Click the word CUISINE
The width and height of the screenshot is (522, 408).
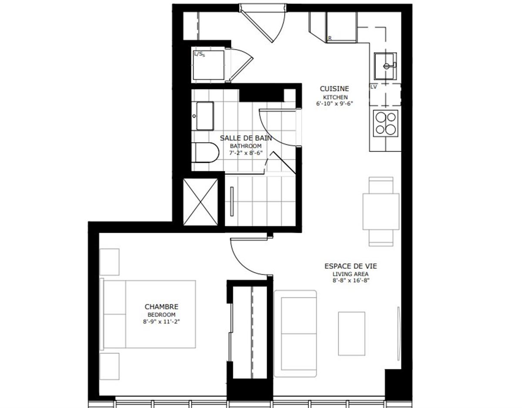tap(334, 89)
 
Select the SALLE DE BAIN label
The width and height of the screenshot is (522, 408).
tap(246, 138)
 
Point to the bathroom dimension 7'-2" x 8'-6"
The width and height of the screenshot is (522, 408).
tap(246, 153)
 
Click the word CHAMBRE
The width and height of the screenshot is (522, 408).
tap(161, 307)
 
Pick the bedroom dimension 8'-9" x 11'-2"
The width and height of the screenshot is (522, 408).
tap(161, 322)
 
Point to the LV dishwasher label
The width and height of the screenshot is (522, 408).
tap(373, 87)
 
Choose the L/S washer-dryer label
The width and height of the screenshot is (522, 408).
tap(200, 54)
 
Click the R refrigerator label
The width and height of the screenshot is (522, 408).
tap(330, 38)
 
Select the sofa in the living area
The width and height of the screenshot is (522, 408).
tap(295, 333)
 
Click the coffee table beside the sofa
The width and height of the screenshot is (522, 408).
tap(351, 333)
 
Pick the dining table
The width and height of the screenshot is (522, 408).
tap(381, 211)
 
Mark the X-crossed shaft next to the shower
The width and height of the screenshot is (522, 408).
tap(201, 202)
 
